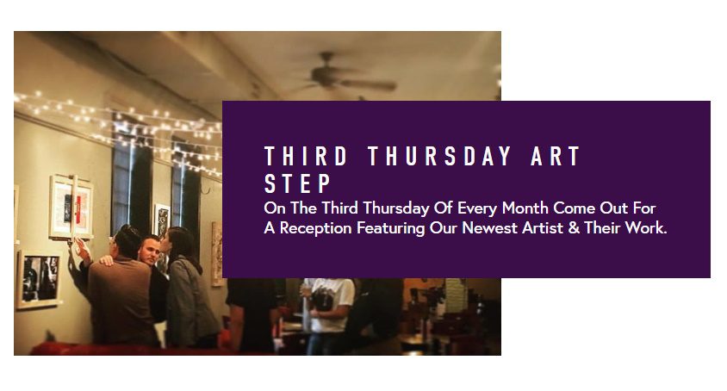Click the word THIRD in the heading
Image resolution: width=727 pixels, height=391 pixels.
pos(306,156)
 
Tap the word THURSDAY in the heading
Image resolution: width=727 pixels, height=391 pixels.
pos(439,156)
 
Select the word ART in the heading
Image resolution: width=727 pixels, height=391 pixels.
pos(556,156)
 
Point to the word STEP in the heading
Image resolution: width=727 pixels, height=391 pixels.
pos(298,183)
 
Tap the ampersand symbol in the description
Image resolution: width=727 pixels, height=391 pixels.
pos(574,228)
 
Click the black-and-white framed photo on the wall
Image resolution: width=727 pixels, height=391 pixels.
pos(39,279)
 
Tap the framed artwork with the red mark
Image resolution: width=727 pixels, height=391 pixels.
pos(71,207)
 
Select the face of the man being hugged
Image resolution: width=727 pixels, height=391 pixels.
pos(150,251)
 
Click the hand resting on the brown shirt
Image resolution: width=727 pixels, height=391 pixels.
pos(107,260)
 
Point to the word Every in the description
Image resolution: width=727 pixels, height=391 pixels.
pos(477,208)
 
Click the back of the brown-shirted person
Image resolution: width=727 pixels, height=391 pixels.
pos(121,301)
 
